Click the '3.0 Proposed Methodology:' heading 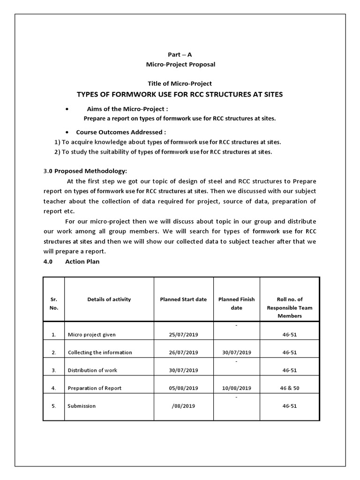85,171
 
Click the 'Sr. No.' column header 54,303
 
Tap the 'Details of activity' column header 109,299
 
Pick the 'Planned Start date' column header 183,299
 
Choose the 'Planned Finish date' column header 237,303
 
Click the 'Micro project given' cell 92,335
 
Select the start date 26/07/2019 183,352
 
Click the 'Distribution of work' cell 92,370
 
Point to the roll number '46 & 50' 290,388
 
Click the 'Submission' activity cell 82,406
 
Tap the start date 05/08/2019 183,388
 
